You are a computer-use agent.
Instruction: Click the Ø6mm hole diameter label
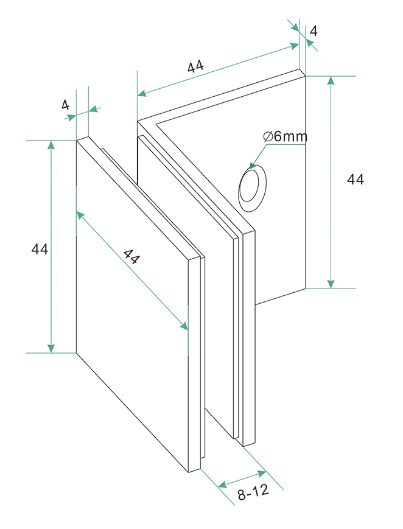click(x=286, y=136)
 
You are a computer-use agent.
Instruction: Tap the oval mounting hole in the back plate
click(x=251, y=186)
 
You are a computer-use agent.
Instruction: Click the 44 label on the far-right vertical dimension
click(x=356, y=179)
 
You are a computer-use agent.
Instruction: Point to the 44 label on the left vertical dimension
click(x=40, y=249)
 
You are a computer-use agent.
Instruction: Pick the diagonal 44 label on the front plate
click(x=131, y=257)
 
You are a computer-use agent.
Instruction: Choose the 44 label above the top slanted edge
click(x=195, y=67)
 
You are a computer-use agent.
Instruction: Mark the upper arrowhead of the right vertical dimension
click(x=331, y=82)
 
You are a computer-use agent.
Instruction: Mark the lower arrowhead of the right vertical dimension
click(x=331, y=282)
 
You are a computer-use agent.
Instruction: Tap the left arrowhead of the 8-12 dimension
click(x=223, y=485)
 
